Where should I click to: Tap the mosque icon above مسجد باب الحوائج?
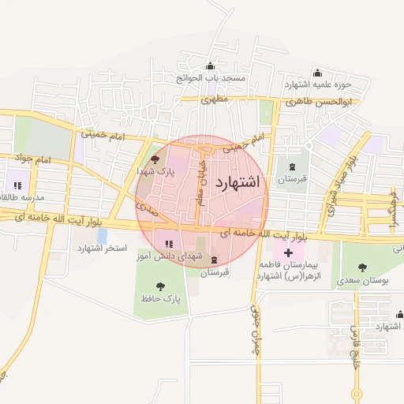(x=210, y=66)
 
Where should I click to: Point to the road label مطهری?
(x=214, y=100)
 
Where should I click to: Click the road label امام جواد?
(x=32, y=160)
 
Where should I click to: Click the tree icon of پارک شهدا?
(x=153, y=159)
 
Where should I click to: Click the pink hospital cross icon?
(x=288, y=253)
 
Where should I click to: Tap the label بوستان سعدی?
(x=363, y=280)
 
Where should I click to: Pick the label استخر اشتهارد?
(x=102, y=249)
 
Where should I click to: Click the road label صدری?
(x=148, y=208)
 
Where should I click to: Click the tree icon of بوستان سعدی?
(x=363, y=267)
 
